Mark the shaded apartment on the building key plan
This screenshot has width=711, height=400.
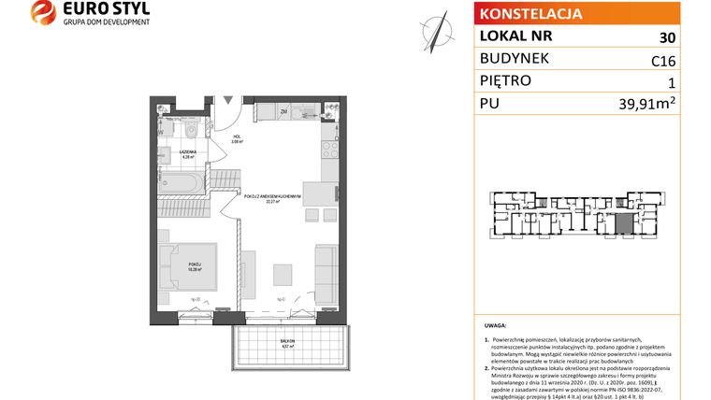621,224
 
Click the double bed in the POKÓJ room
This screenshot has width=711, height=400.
186,264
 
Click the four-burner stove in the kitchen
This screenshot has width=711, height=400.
329,147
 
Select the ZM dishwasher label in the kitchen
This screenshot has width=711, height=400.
283,113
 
